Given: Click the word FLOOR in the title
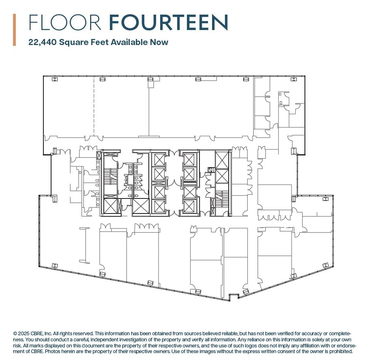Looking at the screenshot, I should [65, 22].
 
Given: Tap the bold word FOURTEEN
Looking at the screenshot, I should [168, 22].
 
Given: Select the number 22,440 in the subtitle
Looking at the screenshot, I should [43, 42].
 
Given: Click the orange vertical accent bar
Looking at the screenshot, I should [15, 30].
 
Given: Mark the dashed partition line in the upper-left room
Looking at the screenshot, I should [94, 106].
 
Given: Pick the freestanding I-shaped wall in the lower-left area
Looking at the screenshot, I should [84, 245].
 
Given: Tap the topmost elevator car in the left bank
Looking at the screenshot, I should [159, 159].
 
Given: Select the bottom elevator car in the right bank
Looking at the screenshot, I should [189, 206].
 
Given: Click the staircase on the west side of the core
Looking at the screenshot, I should [109, 177].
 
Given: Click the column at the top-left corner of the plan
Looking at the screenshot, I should [54, 79].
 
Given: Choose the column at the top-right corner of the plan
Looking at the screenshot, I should [294, 79].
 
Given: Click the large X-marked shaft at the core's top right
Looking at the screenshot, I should [222, 160].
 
